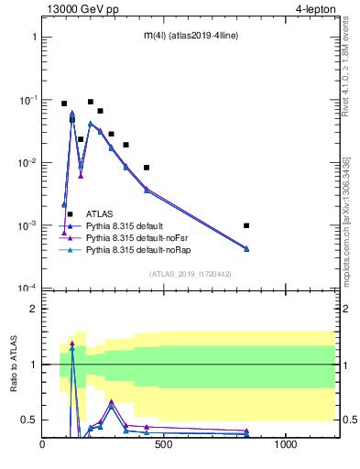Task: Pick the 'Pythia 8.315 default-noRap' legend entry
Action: (135, 249)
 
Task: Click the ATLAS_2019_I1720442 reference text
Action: (190, 274)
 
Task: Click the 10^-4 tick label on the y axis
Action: (28, 289)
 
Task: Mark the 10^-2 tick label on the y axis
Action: (28, 163)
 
